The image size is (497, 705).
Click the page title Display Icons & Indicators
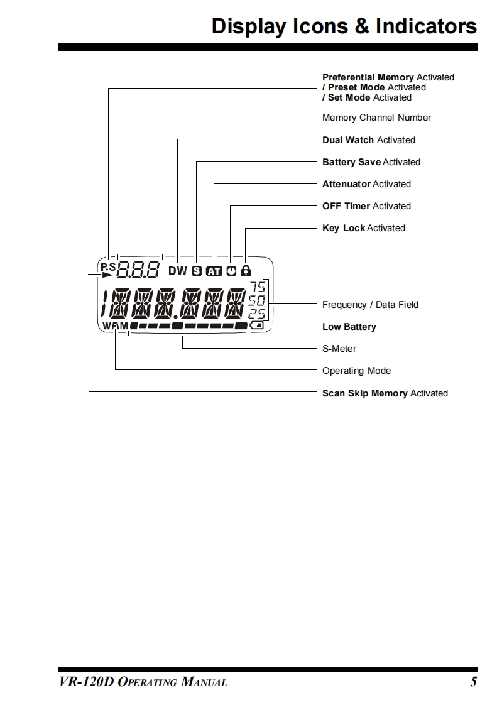pos(344,26)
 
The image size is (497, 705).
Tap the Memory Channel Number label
pos(376,117)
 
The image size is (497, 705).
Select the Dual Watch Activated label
pos(369,140)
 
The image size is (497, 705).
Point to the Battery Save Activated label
pos(371,162)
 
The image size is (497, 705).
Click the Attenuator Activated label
pos(366,184)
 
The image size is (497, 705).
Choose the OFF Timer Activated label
pos(366,206)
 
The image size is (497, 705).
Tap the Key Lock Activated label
pos(364,228)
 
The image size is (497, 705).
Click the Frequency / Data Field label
pos(370,305)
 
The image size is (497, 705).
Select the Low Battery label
pos(349,327)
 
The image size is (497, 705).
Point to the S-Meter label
pos(339,349)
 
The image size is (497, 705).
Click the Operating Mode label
pos(356,371)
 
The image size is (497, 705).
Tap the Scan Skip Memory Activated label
pos(385,393)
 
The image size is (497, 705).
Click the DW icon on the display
pos(178,271)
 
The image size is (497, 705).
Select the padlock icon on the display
pos(246,271)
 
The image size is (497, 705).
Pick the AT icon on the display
pos(215,271)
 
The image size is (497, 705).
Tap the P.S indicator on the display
pos(108,266)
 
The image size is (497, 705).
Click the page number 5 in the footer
pos(473,682)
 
